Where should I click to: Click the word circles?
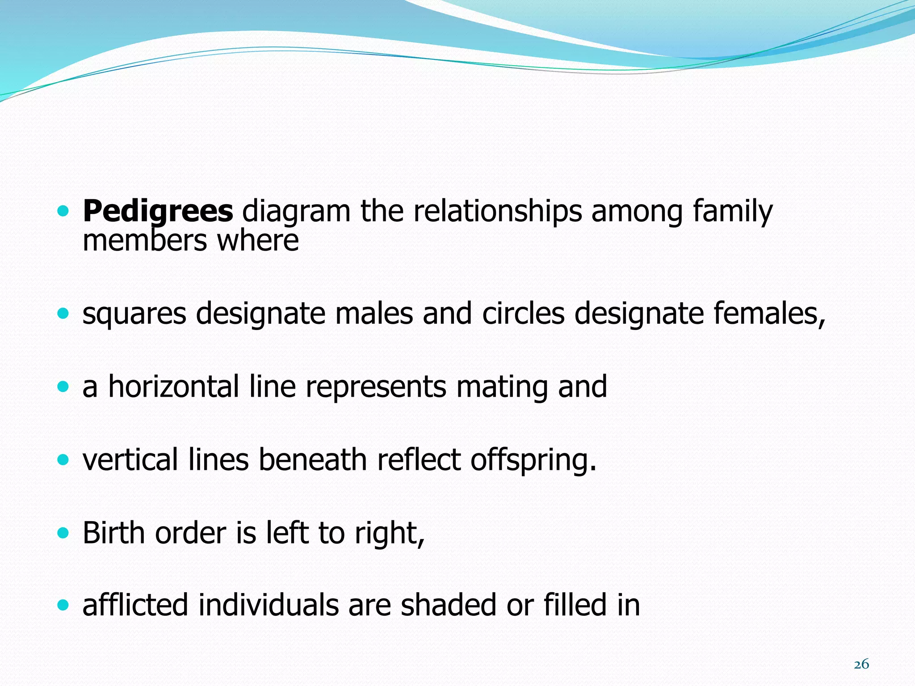pyautogui.click(x=523, y=313)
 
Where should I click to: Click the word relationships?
pyautogui.click(x=497, y=211)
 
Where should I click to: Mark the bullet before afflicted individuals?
pyautogui.click(x=63, y=605)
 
